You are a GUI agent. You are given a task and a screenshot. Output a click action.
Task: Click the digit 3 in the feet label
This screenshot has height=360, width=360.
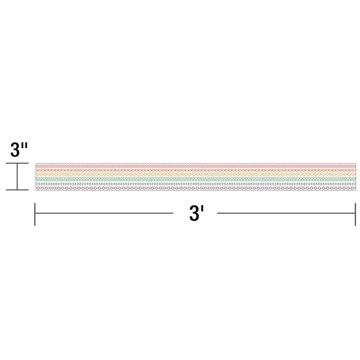(193, 214)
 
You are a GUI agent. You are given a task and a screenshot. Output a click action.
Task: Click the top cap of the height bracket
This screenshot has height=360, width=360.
(17, 163)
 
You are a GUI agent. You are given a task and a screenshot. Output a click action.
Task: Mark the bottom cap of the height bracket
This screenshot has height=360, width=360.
(17, 190)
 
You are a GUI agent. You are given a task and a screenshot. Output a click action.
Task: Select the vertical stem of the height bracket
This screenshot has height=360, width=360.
(17, 177)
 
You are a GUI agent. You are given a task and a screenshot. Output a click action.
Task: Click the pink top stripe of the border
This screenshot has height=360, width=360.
(195, 164)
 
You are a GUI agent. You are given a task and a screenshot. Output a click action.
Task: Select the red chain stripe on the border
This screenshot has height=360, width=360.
(195, 168)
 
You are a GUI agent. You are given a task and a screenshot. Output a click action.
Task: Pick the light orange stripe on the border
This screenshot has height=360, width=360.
(195, 173)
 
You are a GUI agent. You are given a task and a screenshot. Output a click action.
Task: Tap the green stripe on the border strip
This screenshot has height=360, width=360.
(195, 177)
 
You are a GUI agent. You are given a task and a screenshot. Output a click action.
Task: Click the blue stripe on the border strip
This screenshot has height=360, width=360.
(195, 183)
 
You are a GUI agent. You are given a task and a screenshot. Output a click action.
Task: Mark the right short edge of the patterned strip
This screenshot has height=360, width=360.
(354, 176)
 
